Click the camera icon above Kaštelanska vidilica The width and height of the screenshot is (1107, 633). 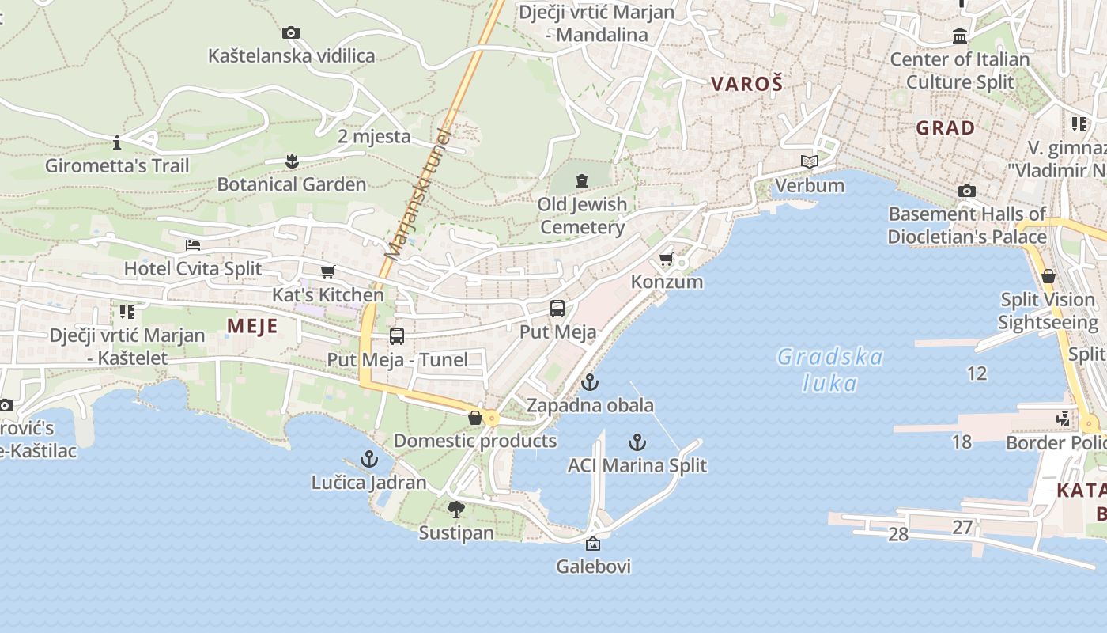point(291,33)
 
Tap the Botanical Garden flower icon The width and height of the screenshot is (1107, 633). point(292,161)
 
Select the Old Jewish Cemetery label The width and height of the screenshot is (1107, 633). point(582,215)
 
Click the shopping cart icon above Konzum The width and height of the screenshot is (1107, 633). point(667,259)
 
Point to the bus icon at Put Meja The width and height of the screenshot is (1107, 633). point(557,309)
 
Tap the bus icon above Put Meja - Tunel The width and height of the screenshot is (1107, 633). point(397,336)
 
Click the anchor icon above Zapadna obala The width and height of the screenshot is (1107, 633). point(590,383)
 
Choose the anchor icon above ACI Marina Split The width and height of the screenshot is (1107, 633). point(637,442)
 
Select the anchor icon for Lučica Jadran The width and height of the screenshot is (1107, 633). point(369,459)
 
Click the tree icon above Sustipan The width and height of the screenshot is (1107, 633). point(455,510)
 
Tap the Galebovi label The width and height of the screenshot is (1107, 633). point(593,567)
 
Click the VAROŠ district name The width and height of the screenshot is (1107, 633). point(746,84)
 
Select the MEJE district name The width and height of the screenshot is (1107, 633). point(252,326)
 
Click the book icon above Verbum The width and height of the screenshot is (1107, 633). point(809,162)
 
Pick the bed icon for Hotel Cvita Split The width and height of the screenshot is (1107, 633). point(193,245)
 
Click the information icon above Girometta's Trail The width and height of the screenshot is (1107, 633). point(117,143)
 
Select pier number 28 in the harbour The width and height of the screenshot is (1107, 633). point(897,534)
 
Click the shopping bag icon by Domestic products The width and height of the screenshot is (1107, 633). point(475,418)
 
